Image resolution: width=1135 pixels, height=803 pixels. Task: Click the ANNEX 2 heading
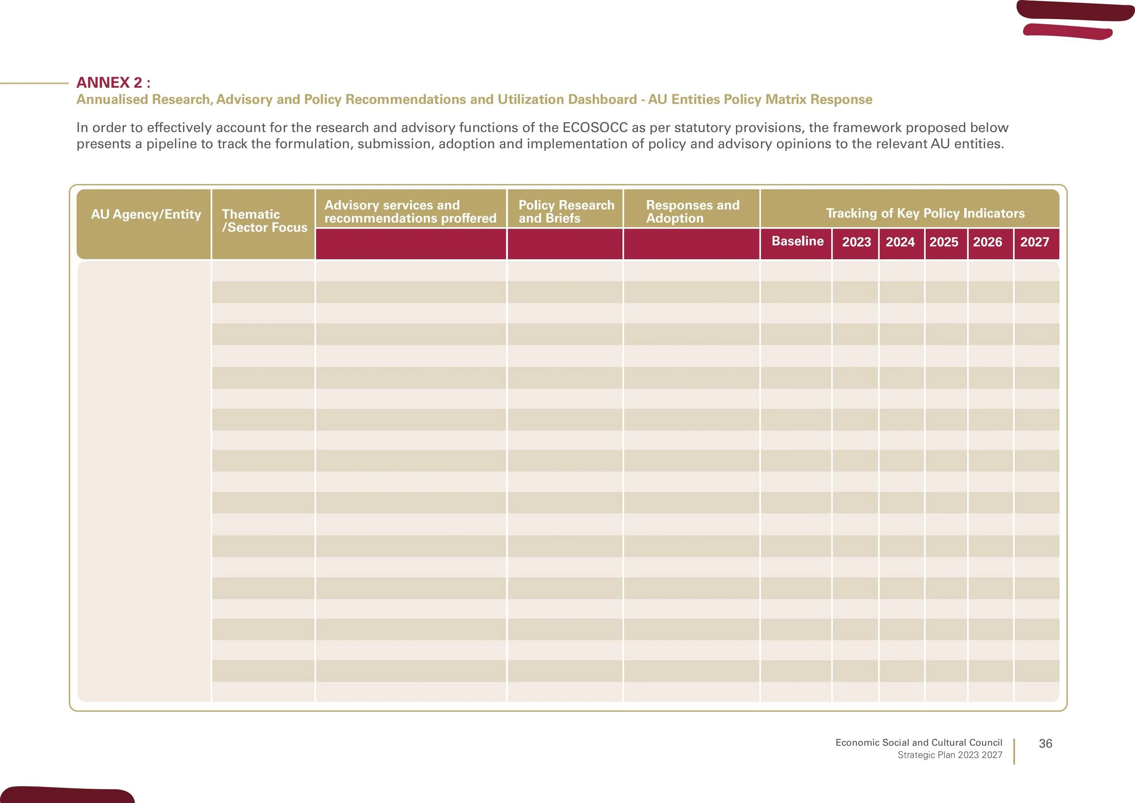113,82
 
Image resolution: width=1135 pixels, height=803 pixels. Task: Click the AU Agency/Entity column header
146,214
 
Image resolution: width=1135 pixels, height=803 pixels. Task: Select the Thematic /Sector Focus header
265,221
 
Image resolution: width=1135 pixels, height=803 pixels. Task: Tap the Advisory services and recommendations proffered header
410,212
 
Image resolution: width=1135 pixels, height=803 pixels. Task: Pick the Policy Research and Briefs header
567,212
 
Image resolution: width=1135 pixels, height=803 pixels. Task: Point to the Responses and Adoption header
692,212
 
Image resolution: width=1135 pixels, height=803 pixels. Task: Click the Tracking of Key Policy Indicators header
925,213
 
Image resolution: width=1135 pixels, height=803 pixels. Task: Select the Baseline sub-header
797,241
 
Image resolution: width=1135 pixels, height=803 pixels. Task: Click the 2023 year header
856,242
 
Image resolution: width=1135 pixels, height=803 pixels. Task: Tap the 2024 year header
900,242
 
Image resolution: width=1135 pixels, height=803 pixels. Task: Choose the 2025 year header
944,242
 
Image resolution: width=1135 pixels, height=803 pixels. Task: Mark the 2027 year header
1035,242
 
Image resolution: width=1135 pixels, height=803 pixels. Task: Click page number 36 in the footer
1046,744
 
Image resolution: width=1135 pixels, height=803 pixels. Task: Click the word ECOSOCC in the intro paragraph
595,128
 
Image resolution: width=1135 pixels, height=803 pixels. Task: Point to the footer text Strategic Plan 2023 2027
950,755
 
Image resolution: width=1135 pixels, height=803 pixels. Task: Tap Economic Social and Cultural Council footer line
918,742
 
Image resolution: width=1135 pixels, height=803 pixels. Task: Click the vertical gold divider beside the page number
1014,752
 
